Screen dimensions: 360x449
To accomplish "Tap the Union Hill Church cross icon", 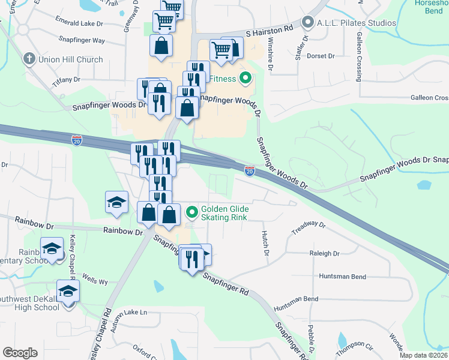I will (28, 59).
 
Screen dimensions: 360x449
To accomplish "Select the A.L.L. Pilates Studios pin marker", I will (308, 23).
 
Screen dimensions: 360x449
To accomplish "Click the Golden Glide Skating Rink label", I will (224, 212).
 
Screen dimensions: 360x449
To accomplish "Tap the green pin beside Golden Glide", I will (192, 212).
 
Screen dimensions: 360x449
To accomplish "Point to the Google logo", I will (20, 353).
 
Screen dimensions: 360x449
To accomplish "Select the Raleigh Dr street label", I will (325, 253).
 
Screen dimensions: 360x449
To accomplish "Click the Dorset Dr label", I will (321, 56).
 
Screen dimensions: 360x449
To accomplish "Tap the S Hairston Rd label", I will (270, 28).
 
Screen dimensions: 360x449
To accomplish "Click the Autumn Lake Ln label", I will (127, 313).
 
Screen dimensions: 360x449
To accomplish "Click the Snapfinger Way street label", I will (82, 41).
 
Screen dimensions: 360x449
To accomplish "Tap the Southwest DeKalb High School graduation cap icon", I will (68, 291).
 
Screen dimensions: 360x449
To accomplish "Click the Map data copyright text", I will (424, 355).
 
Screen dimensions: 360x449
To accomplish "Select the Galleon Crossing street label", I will (360, 57).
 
